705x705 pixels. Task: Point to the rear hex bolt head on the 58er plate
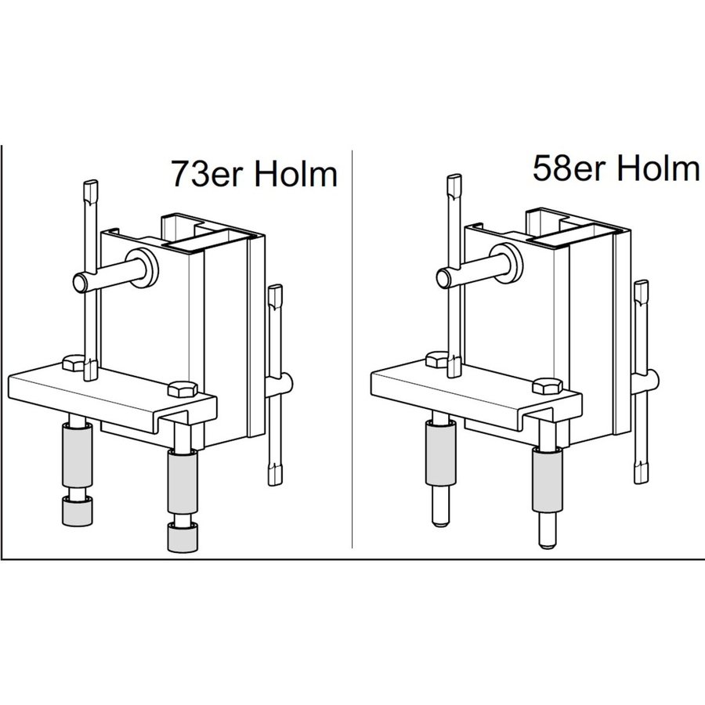[436, 360]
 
